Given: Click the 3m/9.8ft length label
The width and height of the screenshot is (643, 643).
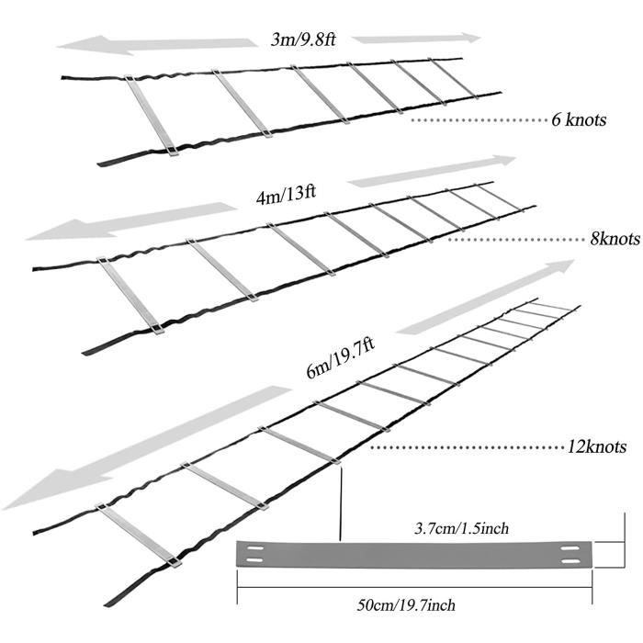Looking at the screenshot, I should [x=303, y=39].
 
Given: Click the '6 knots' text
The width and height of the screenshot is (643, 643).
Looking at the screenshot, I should [x=579, y=120].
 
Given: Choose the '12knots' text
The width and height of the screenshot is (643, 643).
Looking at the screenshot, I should [x=596, y=448].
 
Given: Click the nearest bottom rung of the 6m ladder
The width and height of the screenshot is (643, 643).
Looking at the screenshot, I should [x=140, y=536].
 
